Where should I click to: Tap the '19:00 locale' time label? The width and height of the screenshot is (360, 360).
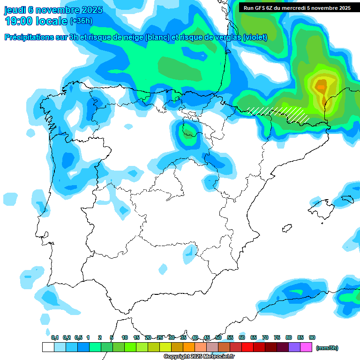point(36,21)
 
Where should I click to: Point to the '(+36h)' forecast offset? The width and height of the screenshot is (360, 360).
point(81,21)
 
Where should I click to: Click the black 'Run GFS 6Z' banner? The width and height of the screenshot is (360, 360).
point(297,7)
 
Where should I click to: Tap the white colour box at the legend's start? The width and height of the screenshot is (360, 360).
point(48,347)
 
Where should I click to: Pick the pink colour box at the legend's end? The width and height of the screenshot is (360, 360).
point(306,347)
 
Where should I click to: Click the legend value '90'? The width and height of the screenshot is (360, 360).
point(312,337)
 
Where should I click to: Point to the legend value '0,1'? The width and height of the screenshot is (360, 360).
point(55,337)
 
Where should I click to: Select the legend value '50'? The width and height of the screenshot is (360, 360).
point(218,337)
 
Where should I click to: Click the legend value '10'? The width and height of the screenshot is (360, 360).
point(125,337)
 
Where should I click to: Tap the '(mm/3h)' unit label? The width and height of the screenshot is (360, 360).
point(327,348)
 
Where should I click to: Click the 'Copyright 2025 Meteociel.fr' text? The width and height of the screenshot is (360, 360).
point(199,356)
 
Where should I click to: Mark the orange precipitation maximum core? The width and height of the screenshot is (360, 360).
point(321,86)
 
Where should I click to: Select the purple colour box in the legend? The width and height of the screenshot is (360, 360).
point(294,347)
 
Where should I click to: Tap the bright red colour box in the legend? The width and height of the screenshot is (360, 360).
point(247,347)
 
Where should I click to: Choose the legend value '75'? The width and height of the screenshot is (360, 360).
point(277,337)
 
